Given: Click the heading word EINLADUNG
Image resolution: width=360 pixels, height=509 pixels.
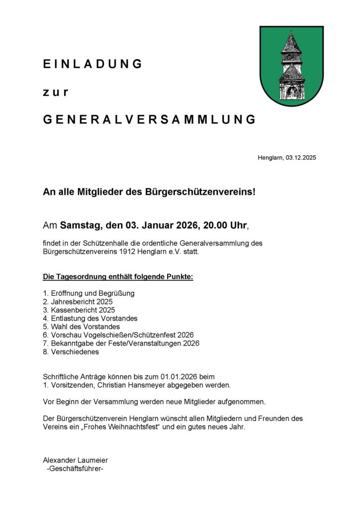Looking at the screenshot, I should tap(93, 64).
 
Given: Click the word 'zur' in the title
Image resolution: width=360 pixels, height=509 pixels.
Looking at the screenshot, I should tap(55, 92).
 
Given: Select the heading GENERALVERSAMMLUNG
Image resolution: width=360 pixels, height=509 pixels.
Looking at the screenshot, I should tap(149, 120).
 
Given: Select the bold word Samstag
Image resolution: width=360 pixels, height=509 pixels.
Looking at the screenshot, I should tap(80, 226).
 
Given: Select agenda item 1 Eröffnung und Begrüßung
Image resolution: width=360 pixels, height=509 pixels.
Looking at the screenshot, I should tap(89, 293).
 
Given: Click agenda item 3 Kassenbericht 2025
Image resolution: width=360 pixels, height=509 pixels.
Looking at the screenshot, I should tap(79, 310).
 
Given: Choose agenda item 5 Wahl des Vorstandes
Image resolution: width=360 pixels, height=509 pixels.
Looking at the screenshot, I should tap(82, 327).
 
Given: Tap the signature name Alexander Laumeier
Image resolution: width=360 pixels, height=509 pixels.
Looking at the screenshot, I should tap(75, 460).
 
